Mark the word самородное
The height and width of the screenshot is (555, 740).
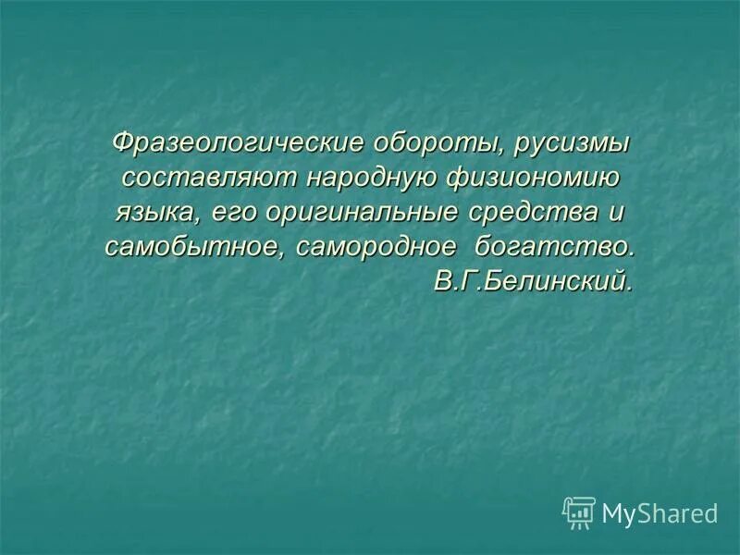(377, 247)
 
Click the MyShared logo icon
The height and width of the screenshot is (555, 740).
(579, 512)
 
